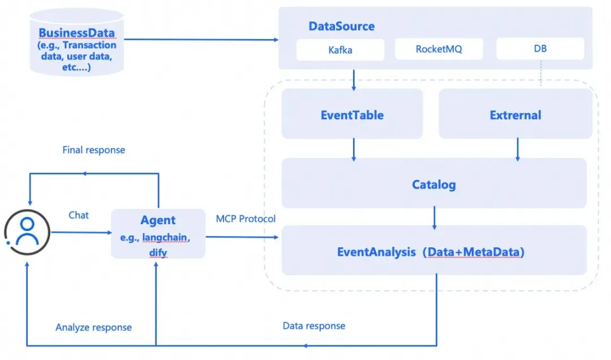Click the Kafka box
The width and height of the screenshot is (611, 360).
340,50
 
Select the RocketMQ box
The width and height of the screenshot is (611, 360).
439,49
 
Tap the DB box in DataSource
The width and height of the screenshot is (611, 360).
540,48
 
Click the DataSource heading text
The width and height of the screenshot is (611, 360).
341,26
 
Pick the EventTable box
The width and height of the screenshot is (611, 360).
352,114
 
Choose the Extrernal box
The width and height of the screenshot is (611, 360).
515,114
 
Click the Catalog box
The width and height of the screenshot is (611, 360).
434,183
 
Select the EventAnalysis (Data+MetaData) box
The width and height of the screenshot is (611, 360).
434,250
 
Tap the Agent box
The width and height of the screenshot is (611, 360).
158,234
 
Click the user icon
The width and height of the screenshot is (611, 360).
27,233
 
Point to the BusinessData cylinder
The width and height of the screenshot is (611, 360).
77,42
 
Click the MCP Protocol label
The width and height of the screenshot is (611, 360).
246,218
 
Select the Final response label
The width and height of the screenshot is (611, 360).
93,150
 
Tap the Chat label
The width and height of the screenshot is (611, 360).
78,215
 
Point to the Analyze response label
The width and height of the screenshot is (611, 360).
93,327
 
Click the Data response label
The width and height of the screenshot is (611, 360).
313,325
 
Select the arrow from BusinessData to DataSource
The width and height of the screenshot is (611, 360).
201,40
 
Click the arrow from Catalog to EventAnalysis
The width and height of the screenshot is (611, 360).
434,217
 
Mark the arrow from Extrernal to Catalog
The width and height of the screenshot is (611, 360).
518,149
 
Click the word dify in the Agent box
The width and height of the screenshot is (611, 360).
158,253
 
